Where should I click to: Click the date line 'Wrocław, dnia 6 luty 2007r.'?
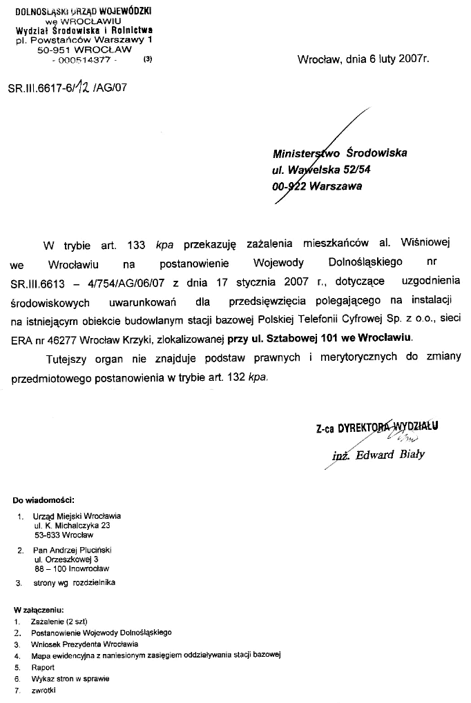tap(363, 59)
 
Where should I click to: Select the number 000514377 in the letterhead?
tap(86, 60)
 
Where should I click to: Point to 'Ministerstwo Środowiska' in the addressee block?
tap(339, 153)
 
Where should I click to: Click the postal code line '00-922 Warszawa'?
tap(317, 186)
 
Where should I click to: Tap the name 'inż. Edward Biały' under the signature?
tap(378, 454)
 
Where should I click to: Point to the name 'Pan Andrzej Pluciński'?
tap(73, 550)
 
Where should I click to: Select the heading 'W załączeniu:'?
tap(39, 610)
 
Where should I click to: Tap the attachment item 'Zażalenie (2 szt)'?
tap(59, 621)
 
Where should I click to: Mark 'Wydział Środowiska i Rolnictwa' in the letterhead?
tap(84, 30)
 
